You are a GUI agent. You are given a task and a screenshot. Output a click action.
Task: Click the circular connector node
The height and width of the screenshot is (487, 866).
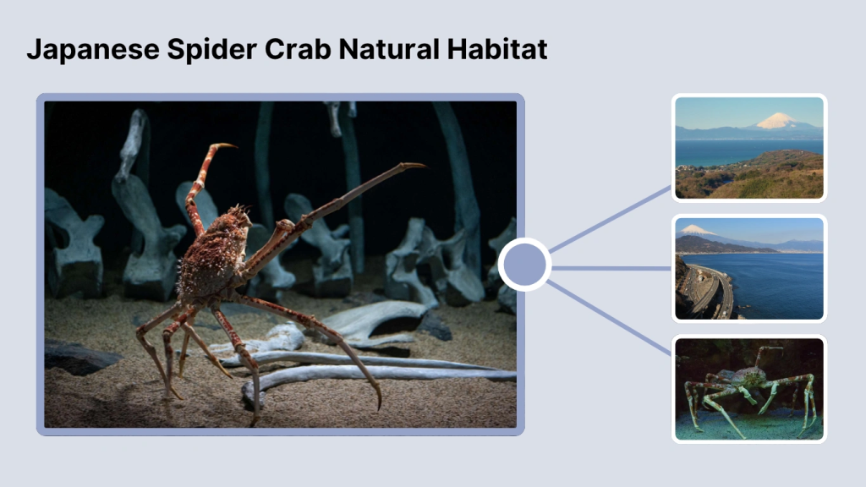(x=524, y=265)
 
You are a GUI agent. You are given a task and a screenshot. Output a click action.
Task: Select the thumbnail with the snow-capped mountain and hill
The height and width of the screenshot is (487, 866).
(x=748, y=148)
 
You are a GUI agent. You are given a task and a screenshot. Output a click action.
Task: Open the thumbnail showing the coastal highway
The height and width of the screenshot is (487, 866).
(x=748, y=268)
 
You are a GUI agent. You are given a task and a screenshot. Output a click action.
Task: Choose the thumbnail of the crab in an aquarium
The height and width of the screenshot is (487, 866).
(x=748, y=388)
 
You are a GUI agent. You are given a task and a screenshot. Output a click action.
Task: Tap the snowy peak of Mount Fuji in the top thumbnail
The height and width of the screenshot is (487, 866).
(x=776, y=121)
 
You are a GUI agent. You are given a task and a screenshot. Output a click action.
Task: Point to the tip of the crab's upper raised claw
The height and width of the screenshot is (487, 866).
(x=231, y=146)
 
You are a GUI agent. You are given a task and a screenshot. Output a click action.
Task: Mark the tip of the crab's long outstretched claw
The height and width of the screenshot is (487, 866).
(x=420, y=166)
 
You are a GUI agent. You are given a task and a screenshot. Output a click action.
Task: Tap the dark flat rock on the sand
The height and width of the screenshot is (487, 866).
(x=80, y=355)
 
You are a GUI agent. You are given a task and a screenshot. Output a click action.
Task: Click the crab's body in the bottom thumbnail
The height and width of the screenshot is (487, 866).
(x=749, y=378)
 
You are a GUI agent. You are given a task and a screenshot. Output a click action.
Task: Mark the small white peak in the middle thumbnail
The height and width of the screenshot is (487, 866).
(x=693, y=230)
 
